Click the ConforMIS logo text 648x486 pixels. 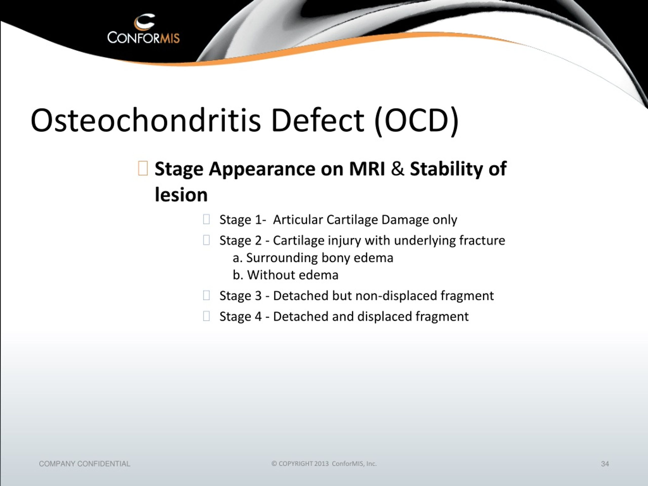pos(144,38)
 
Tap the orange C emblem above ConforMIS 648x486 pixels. pos(144,22)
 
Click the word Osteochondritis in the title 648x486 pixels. pos(146,120)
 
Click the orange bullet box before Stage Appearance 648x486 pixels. pos(143,168)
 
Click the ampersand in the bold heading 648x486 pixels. pos(397,169)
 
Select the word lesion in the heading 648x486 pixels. pos(181,195)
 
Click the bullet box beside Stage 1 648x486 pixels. pos(206,219)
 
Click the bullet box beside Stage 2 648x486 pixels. pos(206,240)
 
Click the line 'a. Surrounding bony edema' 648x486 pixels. pos(313,258)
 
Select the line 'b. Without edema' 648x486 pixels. pos(286,275)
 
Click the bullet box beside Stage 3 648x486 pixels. pos(206,295)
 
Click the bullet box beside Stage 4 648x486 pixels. pos(206,316)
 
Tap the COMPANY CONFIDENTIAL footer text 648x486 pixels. pos(85,464)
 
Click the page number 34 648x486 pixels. pos(605,464)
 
